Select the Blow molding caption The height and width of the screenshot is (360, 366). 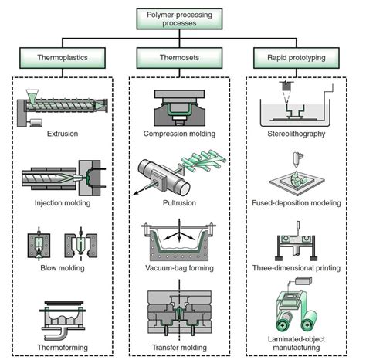[x=59, y=270]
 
